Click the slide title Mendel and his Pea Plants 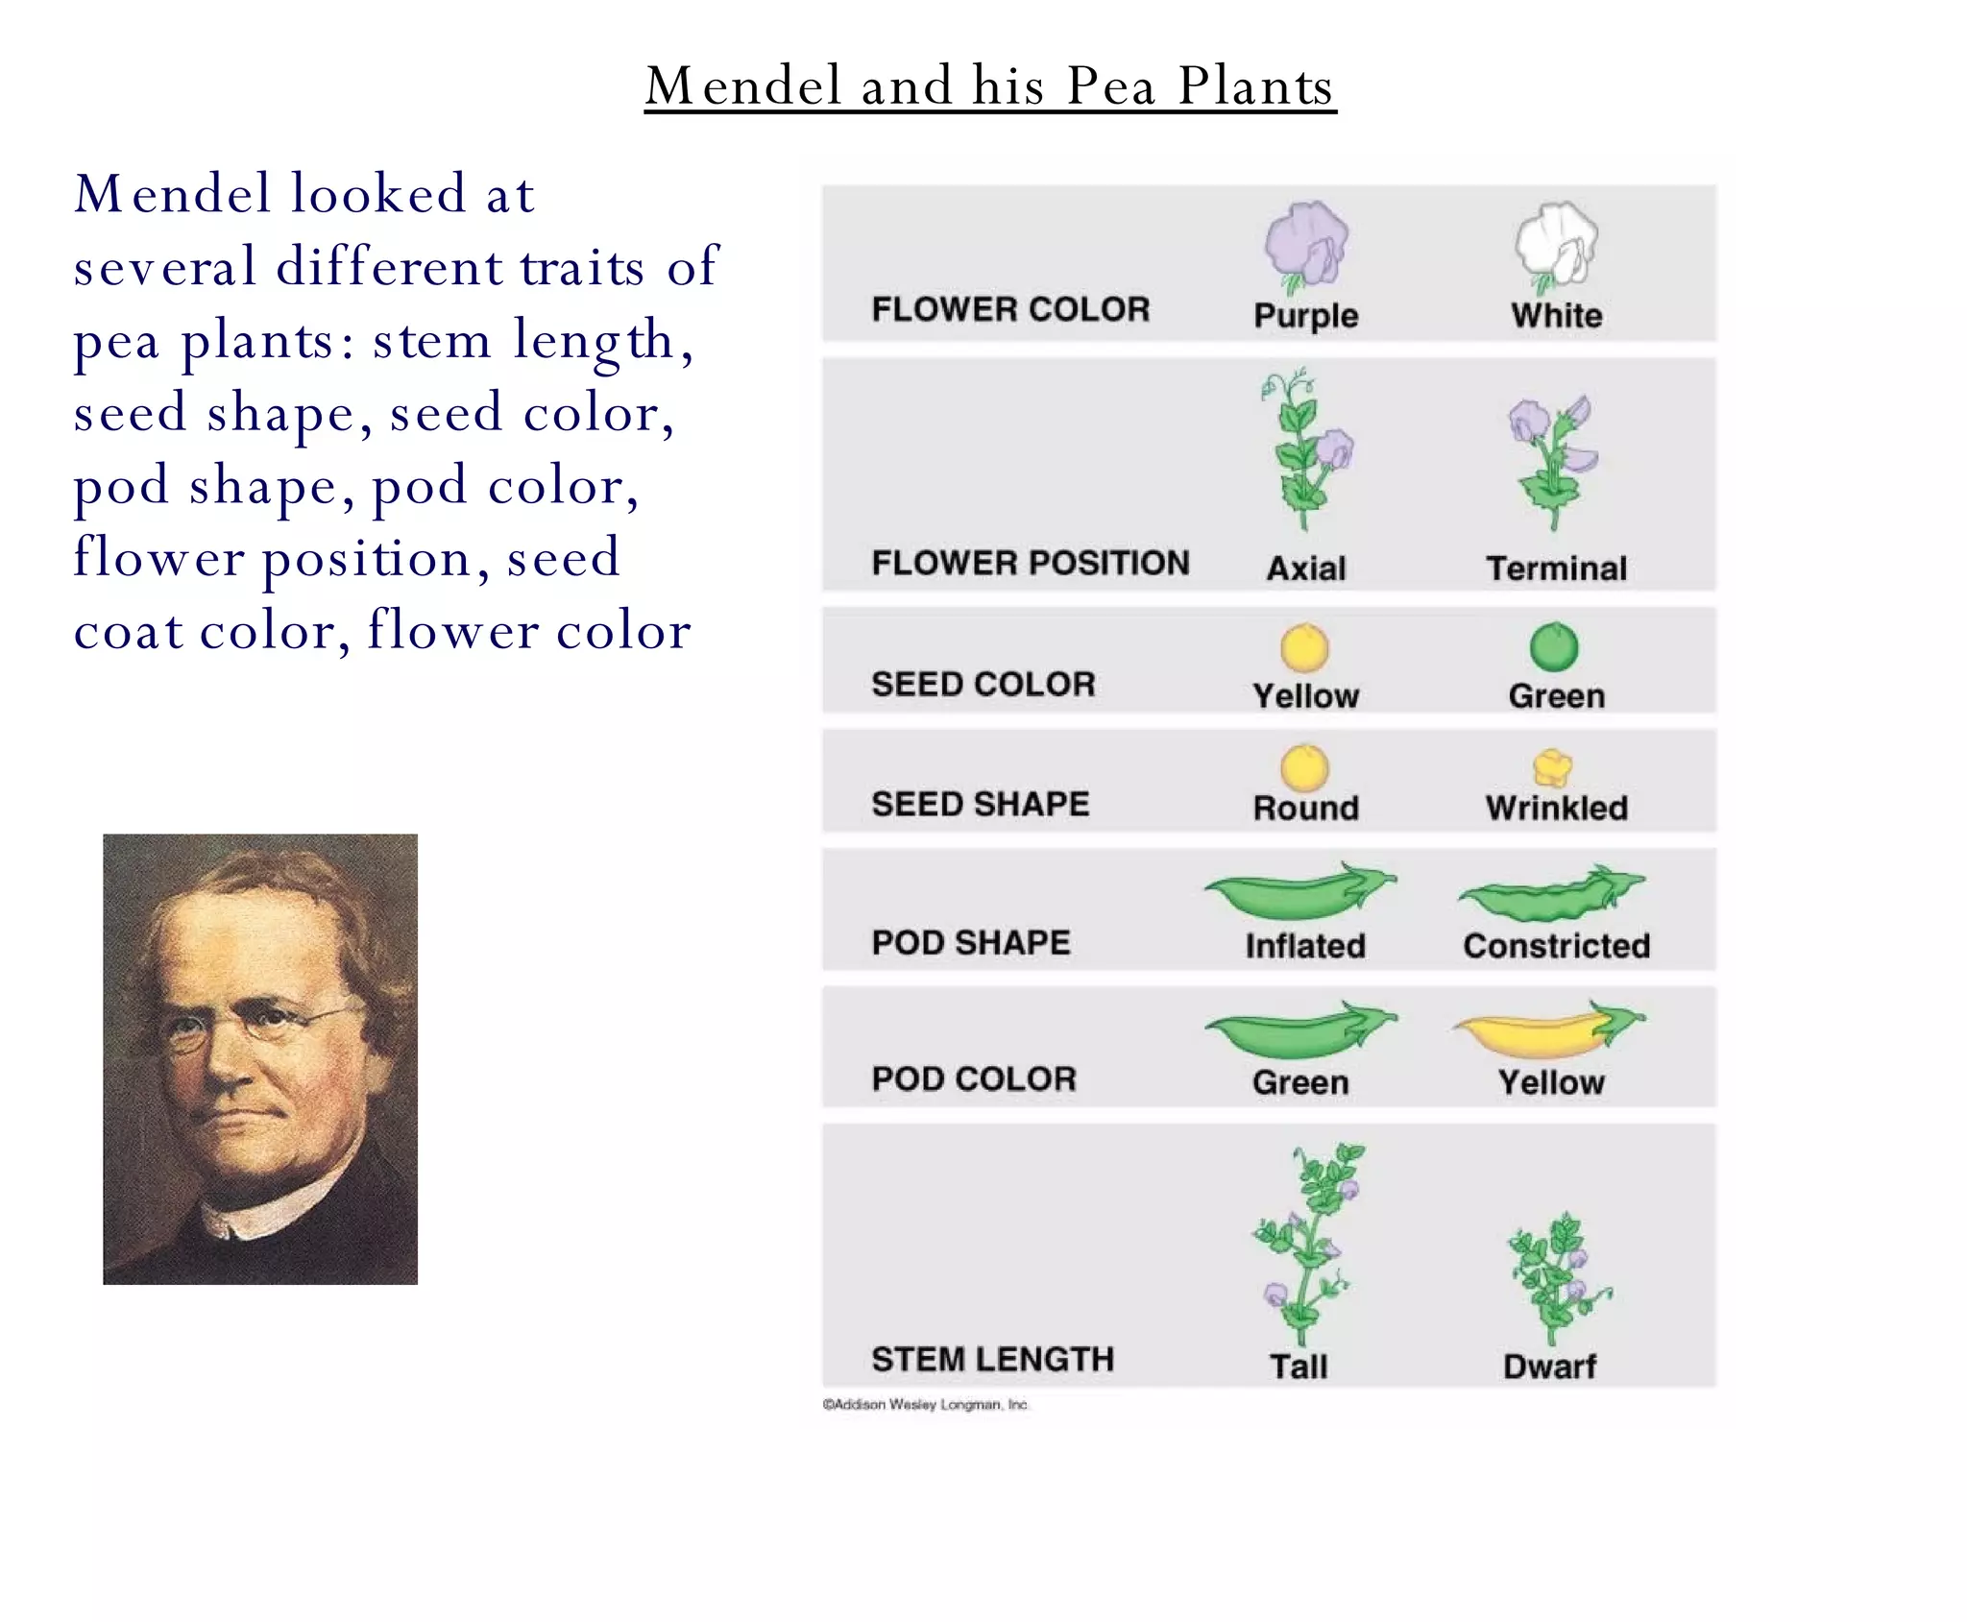coord(989,85)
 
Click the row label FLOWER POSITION coord(1030,563)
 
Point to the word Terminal coord(1556,569)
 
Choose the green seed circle coord(1553,647)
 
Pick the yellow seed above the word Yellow coord(1304,648)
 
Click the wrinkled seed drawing coord(1552,767)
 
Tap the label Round coord(1305,808)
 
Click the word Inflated coord(1305,946)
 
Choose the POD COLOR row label coord(974,1079)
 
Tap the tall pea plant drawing coord(1306,1244)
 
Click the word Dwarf coord(1549,1366)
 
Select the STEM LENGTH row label coord(992,1359)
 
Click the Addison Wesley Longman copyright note coord(925,1404)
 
